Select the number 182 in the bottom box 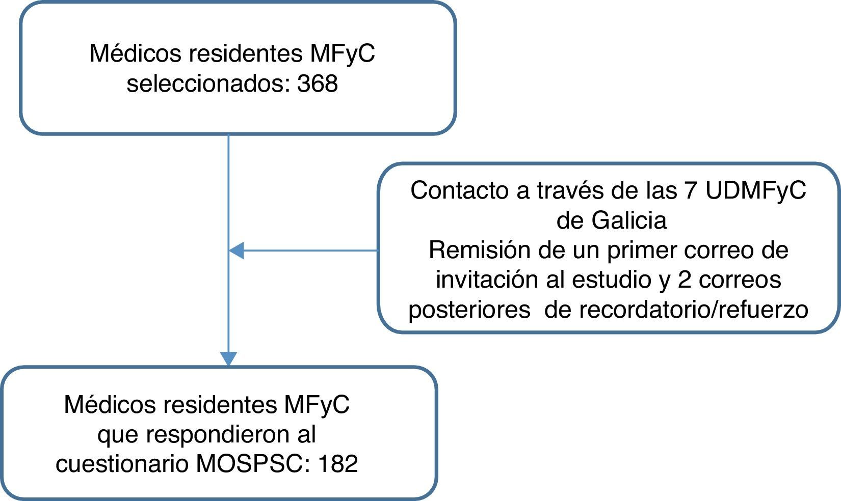point(338,464)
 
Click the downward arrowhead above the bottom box point(228,358)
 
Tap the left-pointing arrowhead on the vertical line point(236,250)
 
